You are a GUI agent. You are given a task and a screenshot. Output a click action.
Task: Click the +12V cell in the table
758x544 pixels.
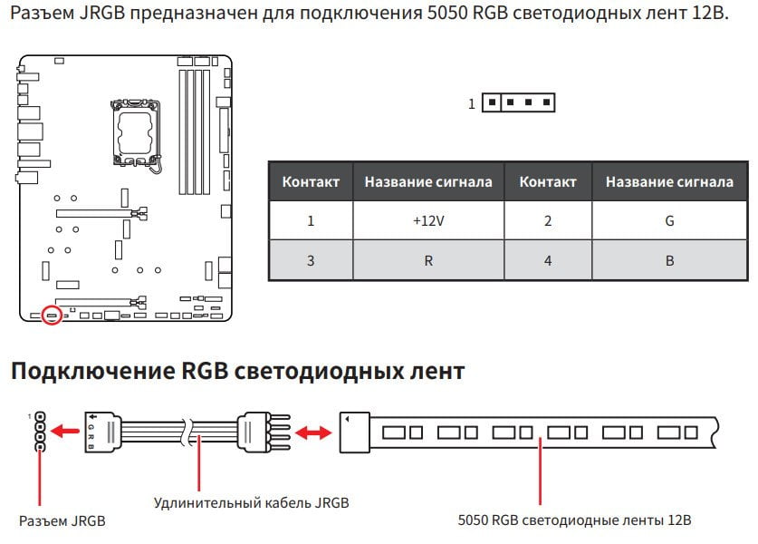coord(428,220)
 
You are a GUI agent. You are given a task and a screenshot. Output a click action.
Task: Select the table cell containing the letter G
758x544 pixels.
coord(669,220)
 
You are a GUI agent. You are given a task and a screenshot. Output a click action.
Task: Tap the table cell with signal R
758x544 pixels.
coord(428,260)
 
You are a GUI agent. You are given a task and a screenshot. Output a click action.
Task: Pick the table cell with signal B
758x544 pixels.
coord(669,260)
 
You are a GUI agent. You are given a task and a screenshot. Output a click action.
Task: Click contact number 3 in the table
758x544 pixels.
coord(311,260)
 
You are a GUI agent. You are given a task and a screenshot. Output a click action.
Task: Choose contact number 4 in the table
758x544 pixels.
coord(548,260)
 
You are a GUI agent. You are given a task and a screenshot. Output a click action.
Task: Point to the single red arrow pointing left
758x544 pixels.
coord(65,431)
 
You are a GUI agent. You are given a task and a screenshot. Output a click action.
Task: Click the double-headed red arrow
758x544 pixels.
coord(313,432)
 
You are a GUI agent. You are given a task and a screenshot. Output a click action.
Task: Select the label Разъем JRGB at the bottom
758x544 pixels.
coord(62,520)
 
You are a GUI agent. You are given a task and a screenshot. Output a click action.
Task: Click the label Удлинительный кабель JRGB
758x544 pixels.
coord(251,503)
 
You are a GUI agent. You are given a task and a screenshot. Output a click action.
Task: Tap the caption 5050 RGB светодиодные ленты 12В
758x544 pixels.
coord(574,520)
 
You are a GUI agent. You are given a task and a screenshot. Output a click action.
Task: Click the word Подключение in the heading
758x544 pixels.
coord(92,371)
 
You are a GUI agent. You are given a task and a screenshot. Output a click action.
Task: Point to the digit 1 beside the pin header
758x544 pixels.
coord(472,104)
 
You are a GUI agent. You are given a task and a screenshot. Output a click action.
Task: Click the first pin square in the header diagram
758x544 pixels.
coord(492,102)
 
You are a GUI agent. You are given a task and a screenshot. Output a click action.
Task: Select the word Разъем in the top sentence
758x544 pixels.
coord(42,13)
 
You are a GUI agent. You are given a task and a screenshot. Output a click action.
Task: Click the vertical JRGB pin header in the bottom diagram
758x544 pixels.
coord(41,432)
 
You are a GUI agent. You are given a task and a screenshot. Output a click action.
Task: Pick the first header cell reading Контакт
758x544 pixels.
coord(311,181)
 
